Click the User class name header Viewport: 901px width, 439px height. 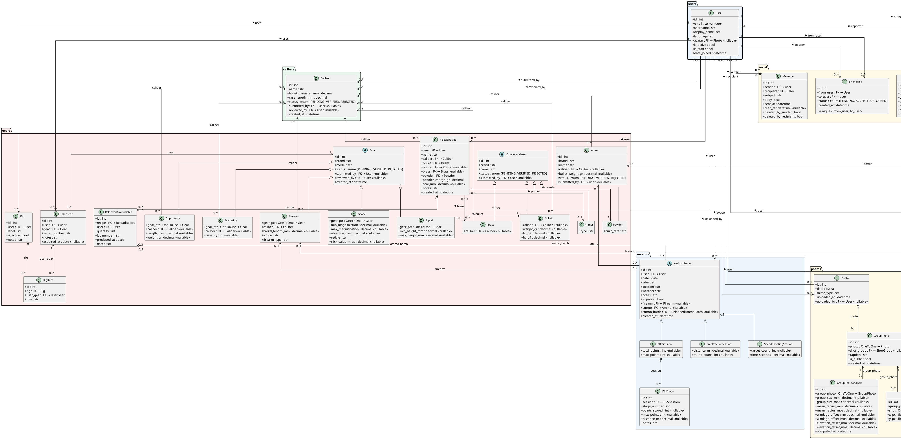[x=718, y=13]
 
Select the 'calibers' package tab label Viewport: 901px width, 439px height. [x=289, y=69]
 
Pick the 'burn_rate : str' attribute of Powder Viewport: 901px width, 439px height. [x=615, y=231]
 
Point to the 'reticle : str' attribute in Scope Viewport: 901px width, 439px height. [x=337, y=237]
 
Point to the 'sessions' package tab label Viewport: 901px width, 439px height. [x=643, y=254]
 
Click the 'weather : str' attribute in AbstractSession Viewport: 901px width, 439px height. [x=651, y=291]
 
